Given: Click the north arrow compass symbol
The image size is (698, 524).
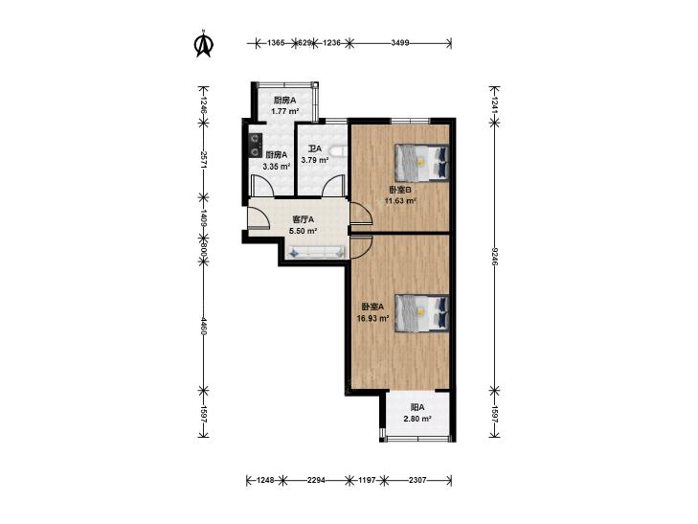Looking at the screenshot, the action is click(204, 44).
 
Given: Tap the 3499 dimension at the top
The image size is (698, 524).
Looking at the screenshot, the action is click(400, 43).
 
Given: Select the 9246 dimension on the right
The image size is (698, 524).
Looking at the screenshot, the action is click(494, 256).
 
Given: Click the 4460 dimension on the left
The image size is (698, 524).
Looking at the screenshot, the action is click(203, 326).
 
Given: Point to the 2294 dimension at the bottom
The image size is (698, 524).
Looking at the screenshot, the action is click(316, 480).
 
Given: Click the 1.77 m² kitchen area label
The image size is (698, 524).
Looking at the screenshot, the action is click(285, 111).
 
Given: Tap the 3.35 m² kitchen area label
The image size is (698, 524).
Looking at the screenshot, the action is click(277, 167).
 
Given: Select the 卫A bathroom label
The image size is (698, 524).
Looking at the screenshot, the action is click(315, 149).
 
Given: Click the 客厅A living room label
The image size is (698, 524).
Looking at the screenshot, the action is click(304, 219).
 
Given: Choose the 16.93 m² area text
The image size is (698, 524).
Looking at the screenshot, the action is click(373, 318).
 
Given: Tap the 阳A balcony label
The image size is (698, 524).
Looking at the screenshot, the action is click(417, 407).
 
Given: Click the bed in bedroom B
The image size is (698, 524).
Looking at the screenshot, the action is click(421, 163).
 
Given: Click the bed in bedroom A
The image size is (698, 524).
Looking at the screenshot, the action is click(421, 313).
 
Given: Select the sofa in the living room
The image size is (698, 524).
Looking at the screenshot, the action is click(317, 252).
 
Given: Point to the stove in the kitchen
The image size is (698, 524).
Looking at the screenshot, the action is click(255, 146).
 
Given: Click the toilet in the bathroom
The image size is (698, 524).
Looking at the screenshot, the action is click(338, 151).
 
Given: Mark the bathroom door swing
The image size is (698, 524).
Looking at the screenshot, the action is click(332, 186).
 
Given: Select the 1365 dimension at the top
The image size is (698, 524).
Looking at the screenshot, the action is click(276, 43).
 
